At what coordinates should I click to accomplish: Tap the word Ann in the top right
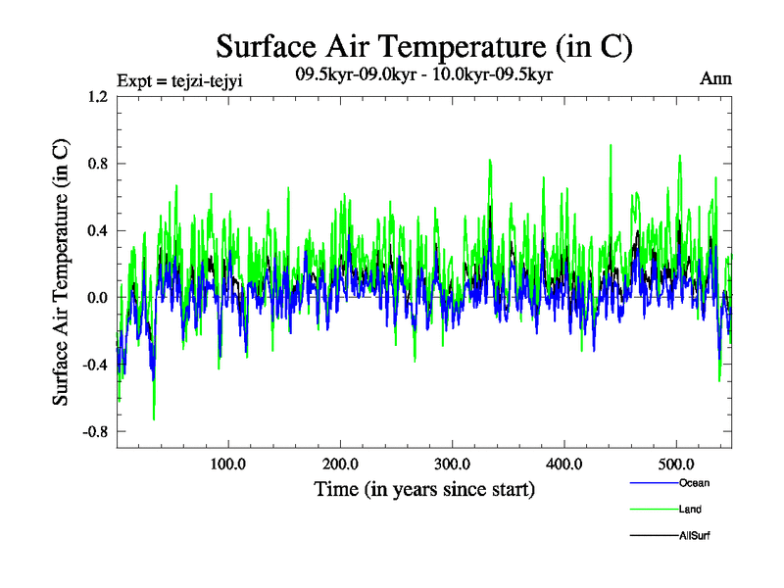[715, 79]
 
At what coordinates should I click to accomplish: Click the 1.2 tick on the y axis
[97, 97]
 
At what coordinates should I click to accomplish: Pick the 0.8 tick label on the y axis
[97, 164]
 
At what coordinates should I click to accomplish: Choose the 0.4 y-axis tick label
[97, 230]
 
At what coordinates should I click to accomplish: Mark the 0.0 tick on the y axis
[97, 297]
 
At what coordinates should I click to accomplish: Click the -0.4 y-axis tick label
[94, 365]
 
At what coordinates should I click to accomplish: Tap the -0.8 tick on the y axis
[94, 431]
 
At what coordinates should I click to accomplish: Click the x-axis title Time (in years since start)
[424, 488]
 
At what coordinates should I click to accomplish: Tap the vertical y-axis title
[61, 271]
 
